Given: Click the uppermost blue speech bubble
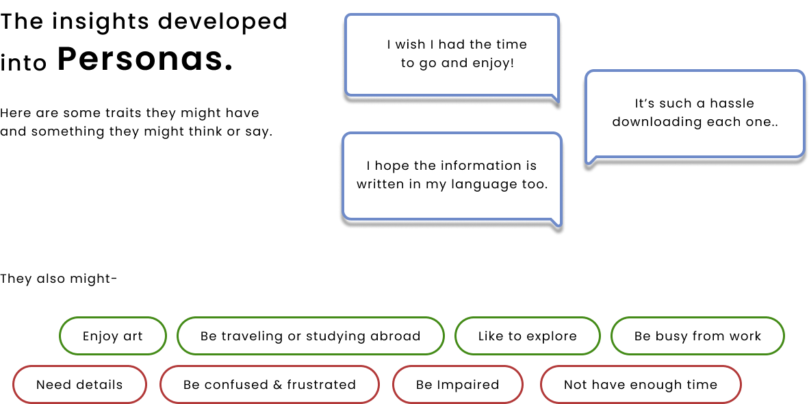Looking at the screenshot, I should [452, 55].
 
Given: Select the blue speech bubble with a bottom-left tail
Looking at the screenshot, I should [695, 114].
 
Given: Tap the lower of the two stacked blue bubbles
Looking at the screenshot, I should [452, 176].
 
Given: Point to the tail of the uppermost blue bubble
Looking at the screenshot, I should [556, 101].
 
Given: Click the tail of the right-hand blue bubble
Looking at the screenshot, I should [590, 162].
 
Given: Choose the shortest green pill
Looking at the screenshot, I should [113, 336].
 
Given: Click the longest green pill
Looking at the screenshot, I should [311, 336].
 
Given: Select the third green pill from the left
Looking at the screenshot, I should [527, 336].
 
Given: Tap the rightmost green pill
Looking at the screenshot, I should [697, 336].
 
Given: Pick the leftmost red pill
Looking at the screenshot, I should [79, 384].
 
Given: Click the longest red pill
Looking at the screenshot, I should [270, 384].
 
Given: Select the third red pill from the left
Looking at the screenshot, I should [458, 384].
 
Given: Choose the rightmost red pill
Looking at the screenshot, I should [641, 384].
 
